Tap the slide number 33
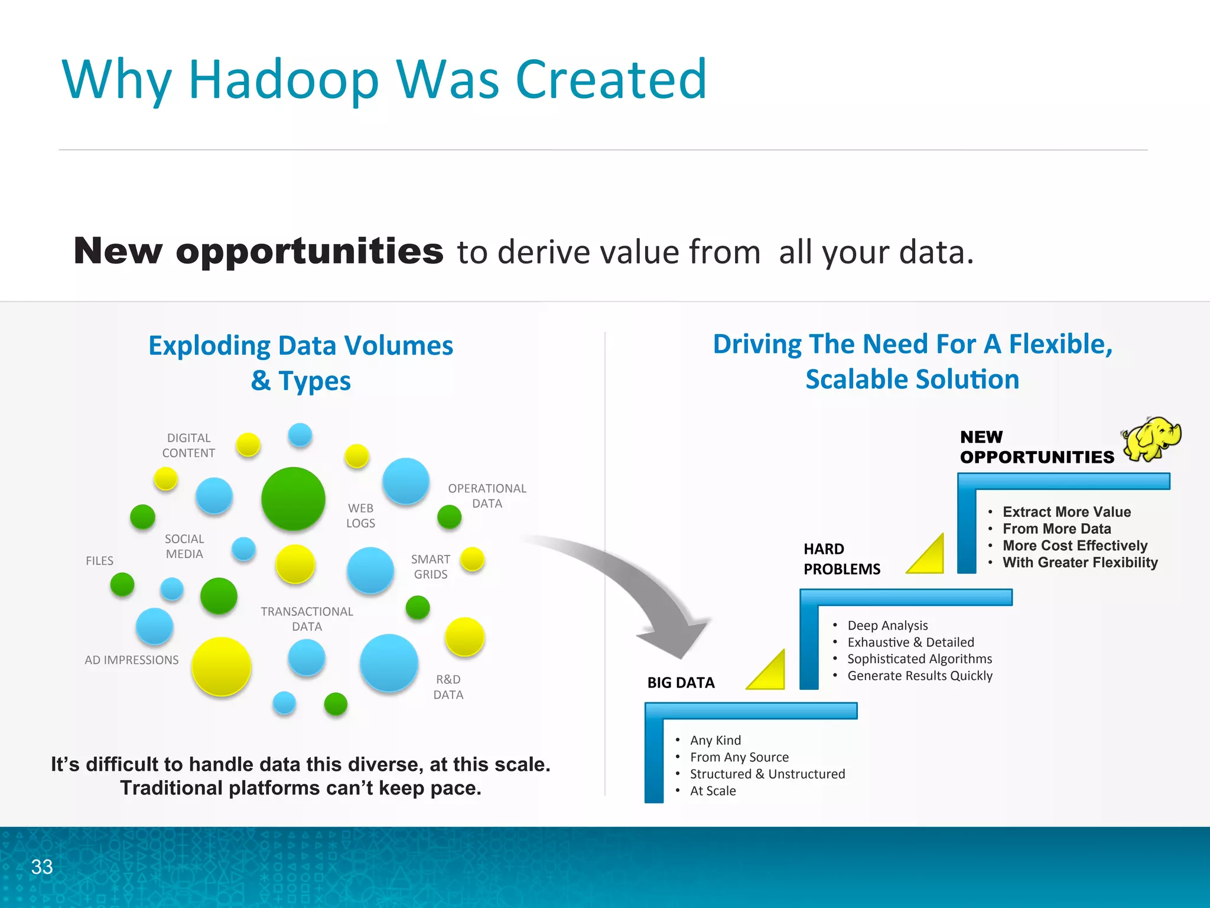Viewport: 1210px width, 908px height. [x=42, y=867]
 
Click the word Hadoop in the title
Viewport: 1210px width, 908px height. [x=283, y=79]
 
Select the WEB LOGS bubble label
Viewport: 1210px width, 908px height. [x=360, y=515]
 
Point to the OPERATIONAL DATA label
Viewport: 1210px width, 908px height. [x=487, y=496]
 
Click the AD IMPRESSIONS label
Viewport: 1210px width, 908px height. [x=131, y=660]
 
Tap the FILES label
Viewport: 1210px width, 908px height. [x=99, y=560]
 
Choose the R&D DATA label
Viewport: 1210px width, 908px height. [x=448, y=687]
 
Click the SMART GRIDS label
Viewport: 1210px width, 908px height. [x=430, y=566]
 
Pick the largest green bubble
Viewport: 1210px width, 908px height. [x=293, y=498]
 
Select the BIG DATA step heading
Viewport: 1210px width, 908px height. [x=681, y=683]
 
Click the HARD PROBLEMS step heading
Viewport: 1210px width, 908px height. [x=841, y=559]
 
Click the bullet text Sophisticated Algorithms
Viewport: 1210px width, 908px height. [x=919, y=659]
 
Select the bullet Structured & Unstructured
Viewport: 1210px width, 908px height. [x=767, y=774]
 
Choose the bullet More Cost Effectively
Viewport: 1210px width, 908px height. [x=1075, y=546]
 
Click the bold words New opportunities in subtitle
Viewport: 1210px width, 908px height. [x=258, y=251]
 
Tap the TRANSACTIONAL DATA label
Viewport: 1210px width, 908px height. [x=307, y=619]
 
